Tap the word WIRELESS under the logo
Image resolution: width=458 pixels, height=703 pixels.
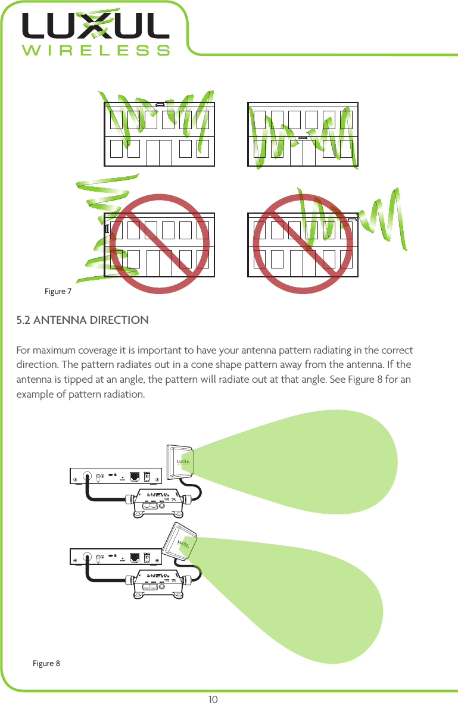(95, 50)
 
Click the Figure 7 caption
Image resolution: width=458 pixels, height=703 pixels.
(58, 292)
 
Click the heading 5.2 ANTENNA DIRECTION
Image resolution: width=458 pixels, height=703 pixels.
(83, 320)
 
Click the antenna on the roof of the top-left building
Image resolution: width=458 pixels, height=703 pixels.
(160, 104)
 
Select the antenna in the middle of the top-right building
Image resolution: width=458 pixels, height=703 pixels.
(303, 138)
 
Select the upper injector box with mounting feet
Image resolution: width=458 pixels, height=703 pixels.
(158, 501)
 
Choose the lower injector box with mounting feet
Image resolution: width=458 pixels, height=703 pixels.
(158, 581)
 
